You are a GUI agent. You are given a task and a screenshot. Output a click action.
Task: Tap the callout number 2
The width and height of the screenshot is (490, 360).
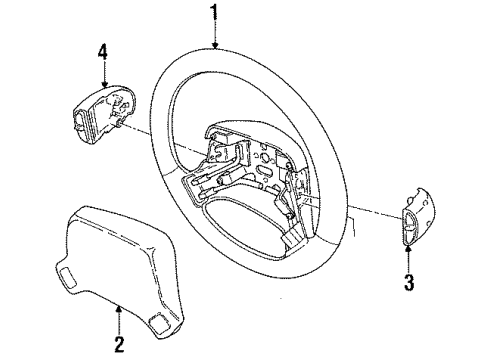pos(119,344)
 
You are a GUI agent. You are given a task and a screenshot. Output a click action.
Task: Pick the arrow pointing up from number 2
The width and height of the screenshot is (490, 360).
pos(119,316)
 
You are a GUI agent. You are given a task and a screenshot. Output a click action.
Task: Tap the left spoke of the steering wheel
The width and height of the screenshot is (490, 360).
pos(180,170)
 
